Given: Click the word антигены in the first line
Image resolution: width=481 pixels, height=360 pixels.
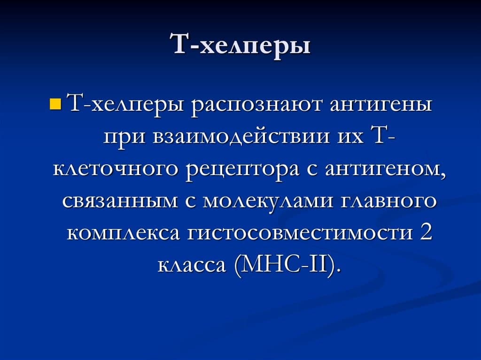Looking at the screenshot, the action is (x=380, y=105).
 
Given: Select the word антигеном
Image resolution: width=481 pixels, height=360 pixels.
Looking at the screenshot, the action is (x=385, y=170).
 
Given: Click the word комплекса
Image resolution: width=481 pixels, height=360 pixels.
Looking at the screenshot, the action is (x=123, y=233).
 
